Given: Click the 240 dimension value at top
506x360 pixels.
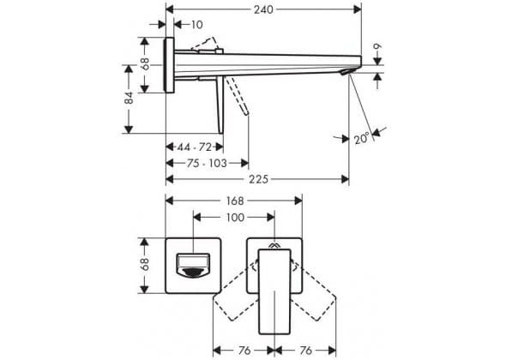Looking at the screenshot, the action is click(263, 10).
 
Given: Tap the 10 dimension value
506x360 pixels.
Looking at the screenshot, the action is click(196, 25).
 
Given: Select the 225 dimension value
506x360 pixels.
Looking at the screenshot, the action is click(258, 179).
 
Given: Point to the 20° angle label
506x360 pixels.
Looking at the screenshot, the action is click(361, 139).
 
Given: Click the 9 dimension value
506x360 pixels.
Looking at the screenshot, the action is click(377, 46).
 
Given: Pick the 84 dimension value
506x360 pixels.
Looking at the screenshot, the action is click(129, 98).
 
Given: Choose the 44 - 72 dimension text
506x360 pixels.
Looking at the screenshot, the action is click(195, 147).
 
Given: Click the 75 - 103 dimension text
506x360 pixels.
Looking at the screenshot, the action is click(207, 163).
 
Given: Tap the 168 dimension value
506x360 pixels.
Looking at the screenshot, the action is click(235, 201).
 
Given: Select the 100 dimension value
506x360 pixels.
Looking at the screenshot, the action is click(235, 218).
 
